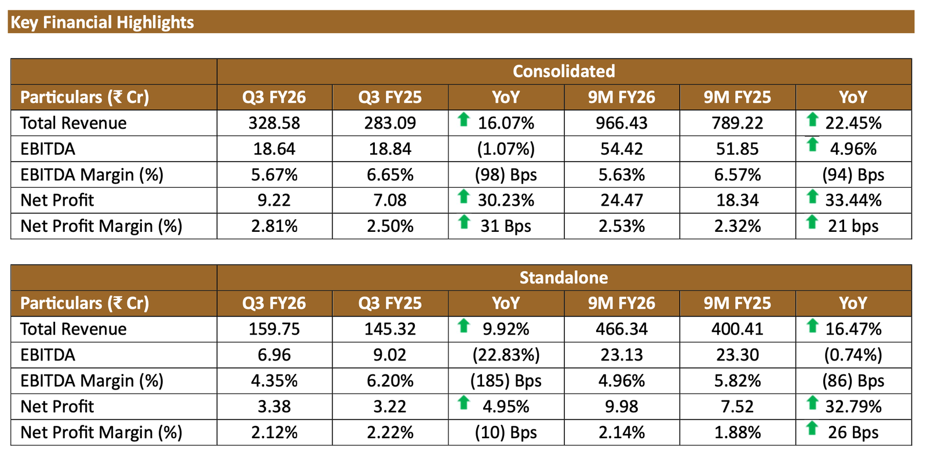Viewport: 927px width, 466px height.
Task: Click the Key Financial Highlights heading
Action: (x=103, y=23)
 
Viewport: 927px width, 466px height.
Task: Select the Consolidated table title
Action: (x=563, y=71)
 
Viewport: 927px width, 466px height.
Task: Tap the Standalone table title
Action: (x=563, y=278)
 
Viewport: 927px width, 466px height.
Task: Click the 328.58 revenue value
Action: (x=274, y=123)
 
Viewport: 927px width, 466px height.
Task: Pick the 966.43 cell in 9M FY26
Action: (x=621, y=123)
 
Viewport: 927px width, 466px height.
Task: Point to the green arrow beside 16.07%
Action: (x=463, y=120)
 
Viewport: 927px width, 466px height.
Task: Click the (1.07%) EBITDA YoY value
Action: (x=506, y=149)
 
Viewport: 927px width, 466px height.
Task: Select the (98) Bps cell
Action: (x=506, y=174)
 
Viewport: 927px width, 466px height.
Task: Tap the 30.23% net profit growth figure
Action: (x=506, y=201)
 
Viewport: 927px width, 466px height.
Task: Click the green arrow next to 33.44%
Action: (x=812, y=198)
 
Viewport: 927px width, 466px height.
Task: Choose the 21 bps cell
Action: (x=853, y=226)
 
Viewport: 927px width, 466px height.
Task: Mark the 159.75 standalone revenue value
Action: (x=274, y=329)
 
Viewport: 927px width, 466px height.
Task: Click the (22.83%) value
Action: (x=506, y=355)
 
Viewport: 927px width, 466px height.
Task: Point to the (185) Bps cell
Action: (x=506, y=381)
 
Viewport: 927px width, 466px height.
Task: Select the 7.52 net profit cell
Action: (x=737, y=406)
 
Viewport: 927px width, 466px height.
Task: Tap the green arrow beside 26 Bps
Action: (x=812, y=429)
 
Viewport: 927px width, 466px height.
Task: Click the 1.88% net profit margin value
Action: (x=737, y=432)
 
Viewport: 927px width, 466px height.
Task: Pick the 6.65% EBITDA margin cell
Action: (x=390, y=174)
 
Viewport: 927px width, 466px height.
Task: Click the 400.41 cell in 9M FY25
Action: (x=737, y=329)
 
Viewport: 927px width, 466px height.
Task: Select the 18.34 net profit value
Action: (x=737, y=201)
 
